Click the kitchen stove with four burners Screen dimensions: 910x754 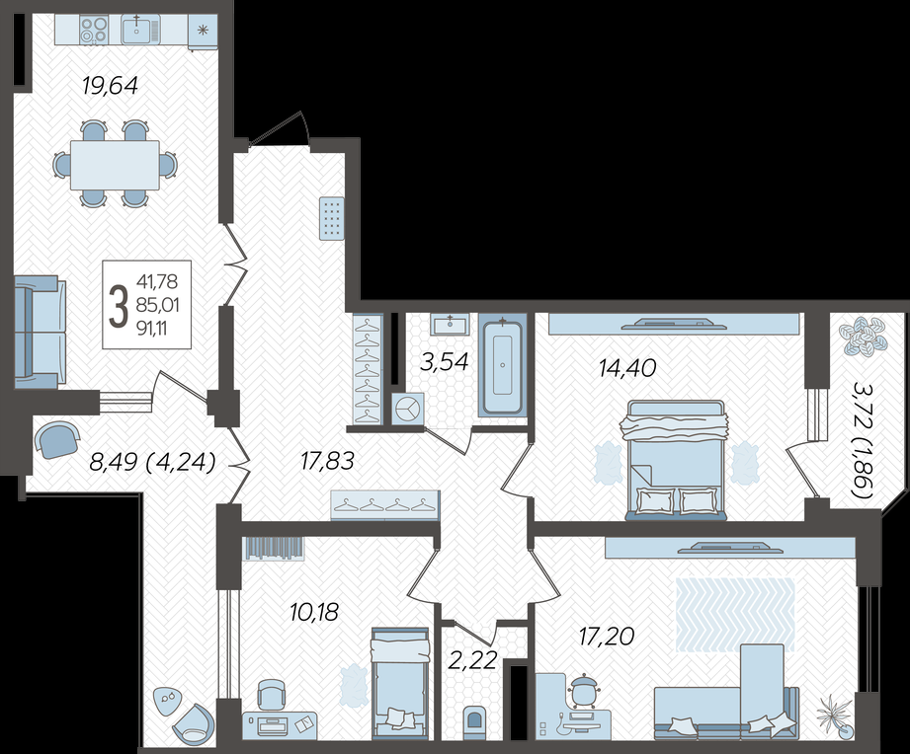(94, 30)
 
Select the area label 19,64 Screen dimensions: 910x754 (111, 86)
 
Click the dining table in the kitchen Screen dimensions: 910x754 (115, 165)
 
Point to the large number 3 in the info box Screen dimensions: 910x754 (119, 306)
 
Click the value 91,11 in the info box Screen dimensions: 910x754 (152, 329)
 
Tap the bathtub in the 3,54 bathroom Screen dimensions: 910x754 (503, 365)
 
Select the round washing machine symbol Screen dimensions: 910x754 (408, 409)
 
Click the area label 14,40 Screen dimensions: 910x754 (627, 367)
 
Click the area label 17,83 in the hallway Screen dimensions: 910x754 (327, 461)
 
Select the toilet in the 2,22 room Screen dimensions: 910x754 (474, 720)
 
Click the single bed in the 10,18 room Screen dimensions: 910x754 (400, 683)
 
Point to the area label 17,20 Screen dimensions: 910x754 (607, 637)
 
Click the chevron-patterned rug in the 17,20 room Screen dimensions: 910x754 (735, 614)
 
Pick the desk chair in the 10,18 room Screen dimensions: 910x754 (272, 695)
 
